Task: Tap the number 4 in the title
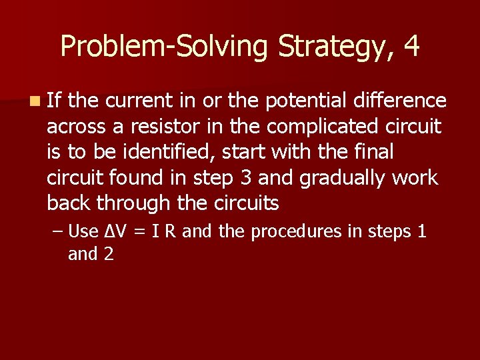pos(411,47)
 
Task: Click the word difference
pos(402,101)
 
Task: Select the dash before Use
pos(59,231)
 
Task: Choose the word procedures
pos(297,232)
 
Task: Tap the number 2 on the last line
pos(108,254)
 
